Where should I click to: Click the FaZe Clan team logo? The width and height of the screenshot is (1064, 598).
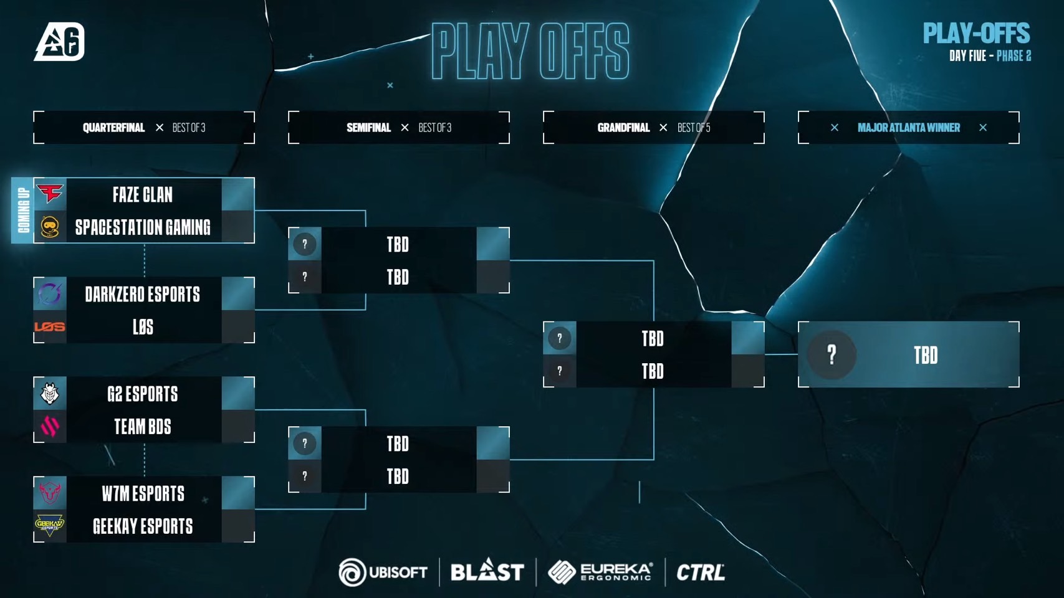point(50,194)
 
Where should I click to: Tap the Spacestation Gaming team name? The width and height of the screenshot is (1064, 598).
point(143,227)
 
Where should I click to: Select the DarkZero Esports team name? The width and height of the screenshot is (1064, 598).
point(143,294)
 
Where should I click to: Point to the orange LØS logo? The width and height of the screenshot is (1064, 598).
point(50,326)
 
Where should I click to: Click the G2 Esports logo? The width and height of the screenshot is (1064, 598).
point(50,394)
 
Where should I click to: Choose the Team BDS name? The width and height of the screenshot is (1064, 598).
point(143,427)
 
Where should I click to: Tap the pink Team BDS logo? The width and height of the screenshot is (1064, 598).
point(50,427)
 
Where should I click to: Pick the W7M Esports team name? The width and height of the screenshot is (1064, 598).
point(143,493)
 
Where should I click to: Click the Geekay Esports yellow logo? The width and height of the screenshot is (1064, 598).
point(50,526)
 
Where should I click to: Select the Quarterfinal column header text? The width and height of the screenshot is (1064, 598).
point(113,128)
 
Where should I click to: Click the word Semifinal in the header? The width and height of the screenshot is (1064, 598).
point(368,128)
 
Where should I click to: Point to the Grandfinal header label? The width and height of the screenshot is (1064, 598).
point(623,128)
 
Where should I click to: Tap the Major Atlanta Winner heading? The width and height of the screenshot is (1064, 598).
point(908,128)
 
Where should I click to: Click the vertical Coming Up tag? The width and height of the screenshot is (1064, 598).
point(23,211)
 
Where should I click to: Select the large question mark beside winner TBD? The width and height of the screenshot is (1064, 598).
point(832,354)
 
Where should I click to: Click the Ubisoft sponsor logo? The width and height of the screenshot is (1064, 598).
point(383,572)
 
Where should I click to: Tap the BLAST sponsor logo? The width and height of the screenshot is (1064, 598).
point(487,571)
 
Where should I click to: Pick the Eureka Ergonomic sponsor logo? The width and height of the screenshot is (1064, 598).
point(600,572)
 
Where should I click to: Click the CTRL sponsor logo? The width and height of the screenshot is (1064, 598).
point(701,572)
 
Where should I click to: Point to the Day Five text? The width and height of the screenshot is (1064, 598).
point(967,56)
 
